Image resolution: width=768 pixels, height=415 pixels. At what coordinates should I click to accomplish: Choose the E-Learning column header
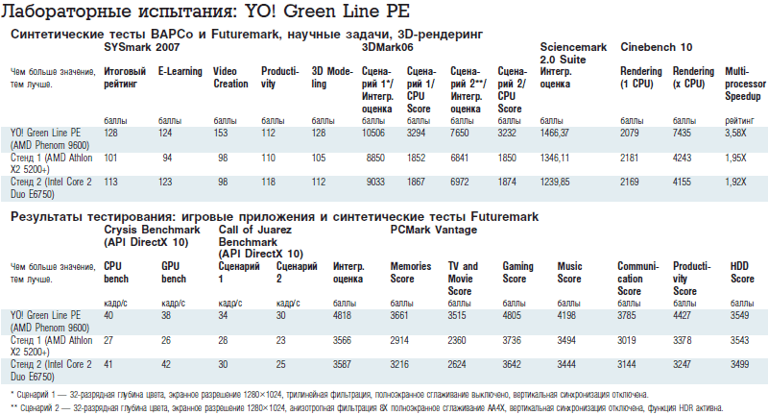(x=179, y=70)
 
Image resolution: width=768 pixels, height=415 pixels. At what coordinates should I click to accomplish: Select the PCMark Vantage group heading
(x=433, y=230)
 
